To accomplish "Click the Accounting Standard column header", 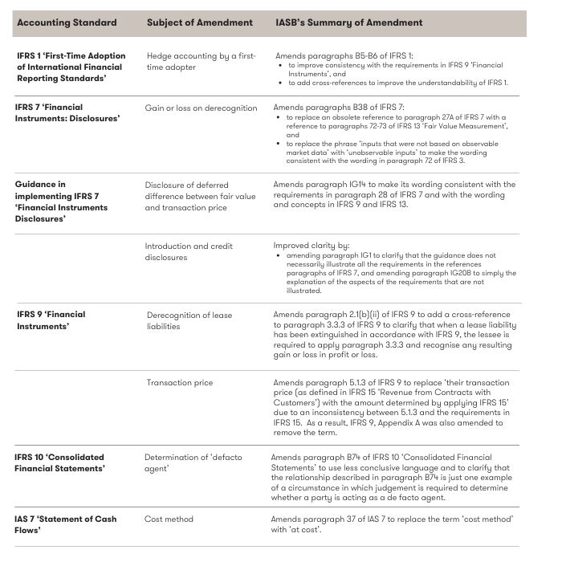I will click(x=67, y=22).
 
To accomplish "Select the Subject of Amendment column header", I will click(x=200, y=22).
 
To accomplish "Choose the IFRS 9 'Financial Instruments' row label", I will click(x=51, y=320).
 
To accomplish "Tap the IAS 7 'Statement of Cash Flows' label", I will click(x=66, y=524).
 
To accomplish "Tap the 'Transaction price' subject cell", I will click(x=180, y=382).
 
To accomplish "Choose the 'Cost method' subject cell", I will click(x=169, y=519).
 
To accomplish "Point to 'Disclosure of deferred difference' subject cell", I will click(x=199, y=196).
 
